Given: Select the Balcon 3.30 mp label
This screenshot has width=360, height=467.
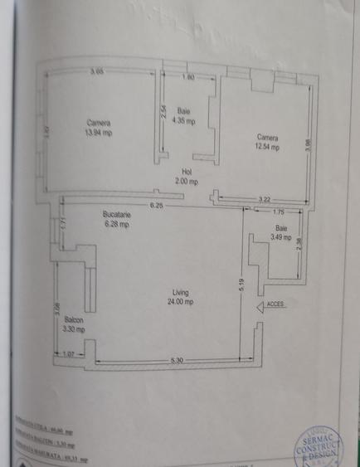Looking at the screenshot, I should pos(73,323).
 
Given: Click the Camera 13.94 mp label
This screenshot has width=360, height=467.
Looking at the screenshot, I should pos(98,128).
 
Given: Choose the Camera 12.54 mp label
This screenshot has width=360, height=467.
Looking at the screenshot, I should pos(267,142).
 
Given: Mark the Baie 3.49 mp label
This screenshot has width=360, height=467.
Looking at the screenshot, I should pos(281,233).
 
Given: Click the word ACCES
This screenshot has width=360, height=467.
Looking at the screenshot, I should pos(275,304).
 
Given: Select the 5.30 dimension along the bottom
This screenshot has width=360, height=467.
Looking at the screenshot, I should pos(176,358).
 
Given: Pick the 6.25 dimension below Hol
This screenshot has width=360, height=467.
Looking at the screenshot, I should pos(155,204).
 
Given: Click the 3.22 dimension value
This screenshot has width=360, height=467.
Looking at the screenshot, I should pos(265,199).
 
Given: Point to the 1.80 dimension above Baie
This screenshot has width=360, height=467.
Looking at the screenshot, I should pos(187,77).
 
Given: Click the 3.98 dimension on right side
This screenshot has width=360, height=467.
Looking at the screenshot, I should pos(308,143).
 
